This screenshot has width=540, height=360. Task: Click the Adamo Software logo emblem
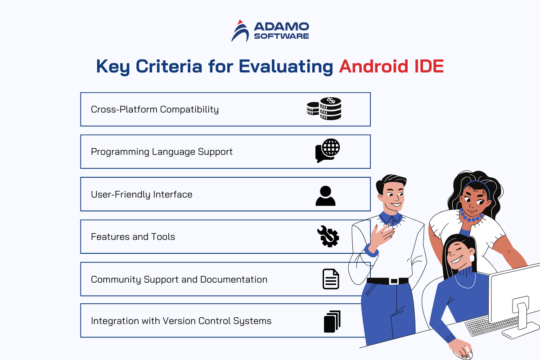[x=240, y=31]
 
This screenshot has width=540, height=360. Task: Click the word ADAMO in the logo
[x=281, y=27]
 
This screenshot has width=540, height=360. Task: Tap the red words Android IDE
[x=391, y=66]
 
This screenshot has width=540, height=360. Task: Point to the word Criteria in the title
[x=169, y=66]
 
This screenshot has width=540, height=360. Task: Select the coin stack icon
[x=324, y=108]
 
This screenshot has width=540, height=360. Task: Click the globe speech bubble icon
[x=328, y=151]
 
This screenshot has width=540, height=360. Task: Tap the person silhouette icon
[x=325, y=196]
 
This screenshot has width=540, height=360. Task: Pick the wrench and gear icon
[x=328, y=236]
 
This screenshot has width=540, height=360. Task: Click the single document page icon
[x=331, y=279]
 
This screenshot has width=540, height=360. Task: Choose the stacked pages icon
[x=332, y=321]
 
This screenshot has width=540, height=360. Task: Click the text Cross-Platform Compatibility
[x=155, y=109]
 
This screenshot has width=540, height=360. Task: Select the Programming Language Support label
[x=162, y=152]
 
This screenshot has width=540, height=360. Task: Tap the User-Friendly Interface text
[x=141, y=194]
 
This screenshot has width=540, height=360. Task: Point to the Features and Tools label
[x=133, y=237]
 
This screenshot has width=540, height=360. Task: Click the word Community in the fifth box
[x=116, y=279]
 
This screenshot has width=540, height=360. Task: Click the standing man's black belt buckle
[x=394, y=281]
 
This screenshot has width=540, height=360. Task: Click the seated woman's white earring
[x=472, y=258]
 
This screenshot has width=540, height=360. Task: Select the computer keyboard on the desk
[x=492, y=325]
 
